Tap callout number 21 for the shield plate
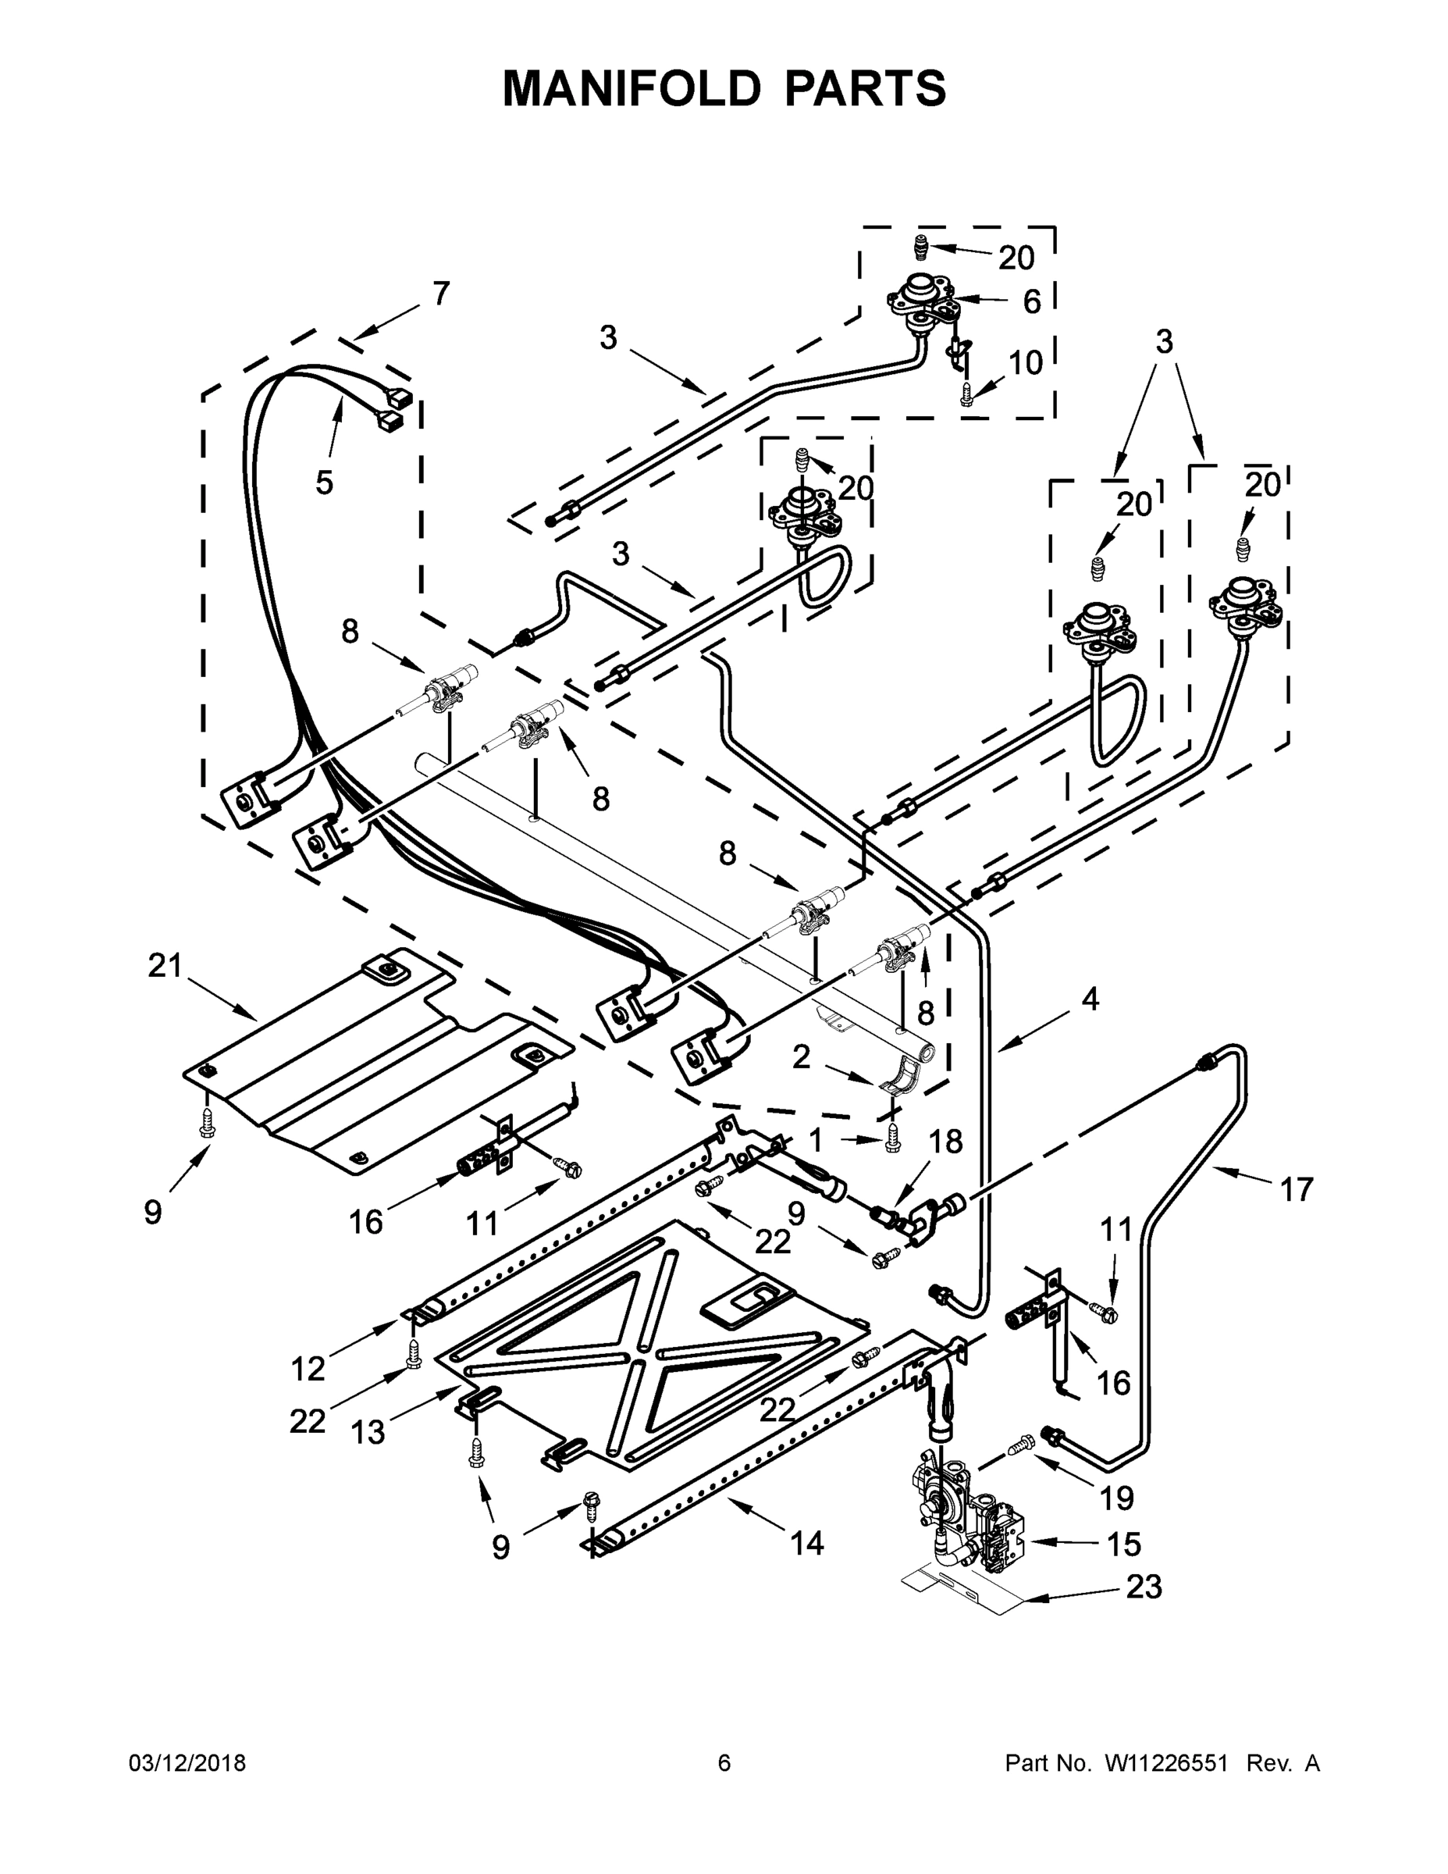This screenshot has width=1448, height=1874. point(165,965)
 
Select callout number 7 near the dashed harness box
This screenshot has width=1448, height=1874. point(441,294)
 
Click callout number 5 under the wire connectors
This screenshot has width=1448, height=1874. point(323,483)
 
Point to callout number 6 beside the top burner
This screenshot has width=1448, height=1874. point(1032,301)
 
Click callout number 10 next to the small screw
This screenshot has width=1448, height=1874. point(1025,363)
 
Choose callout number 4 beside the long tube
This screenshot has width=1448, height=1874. point(1090,999)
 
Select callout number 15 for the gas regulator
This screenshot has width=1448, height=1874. point(1123,1544)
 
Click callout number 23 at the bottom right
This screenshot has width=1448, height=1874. point(1144,1587)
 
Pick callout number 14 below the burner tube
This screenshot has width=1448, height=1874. point(806,1544)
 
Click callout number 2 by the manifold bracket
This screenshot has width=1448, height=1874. point(800,1057)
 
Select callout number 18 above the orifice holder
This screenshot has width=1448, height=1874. point(945,1142)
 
